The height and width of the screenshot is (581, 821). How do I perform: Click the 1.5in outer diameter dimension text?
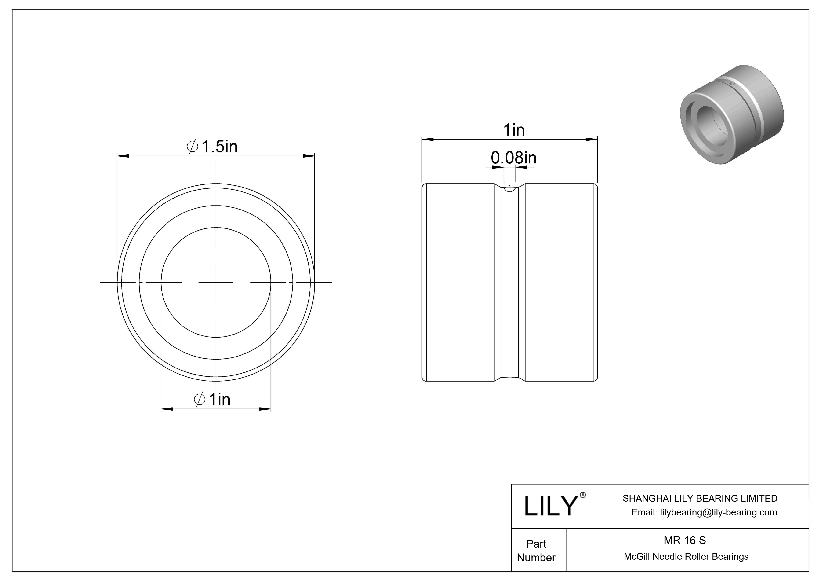219,146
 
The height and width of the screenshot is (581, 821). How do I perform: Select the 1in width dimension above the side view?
514,130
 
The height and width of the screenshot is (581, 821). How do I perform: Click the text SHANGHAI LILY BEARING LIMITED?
700,498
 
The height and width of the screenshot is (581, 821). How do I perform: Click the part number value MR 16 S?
685,540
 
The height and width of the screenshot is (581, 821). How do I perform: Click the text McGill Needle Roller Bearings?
686,556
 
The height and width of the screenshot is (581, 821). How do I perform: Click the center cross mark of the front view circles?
216,283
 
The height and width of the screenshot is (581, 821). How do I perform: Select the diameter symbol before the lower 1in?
200,399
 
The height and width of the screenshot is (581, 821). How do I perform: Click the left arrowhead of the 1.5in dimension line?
123,156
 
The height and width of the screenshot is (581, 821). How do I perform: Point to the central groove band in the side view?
509,283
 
